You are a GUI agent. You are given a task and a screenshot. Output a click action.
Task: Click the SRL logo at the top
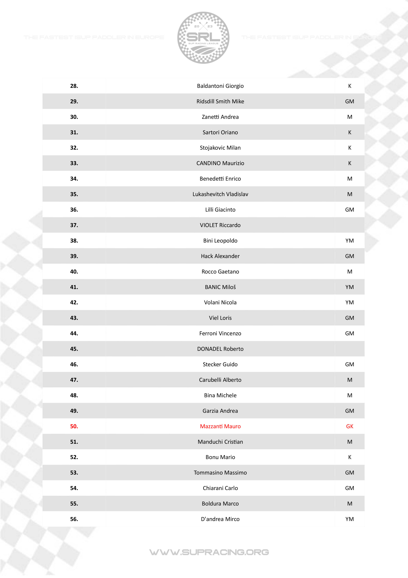(x=203, y=38)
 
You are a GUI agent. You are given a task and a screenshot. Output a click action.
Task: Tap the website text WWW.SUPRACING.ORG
(x=209, y=552)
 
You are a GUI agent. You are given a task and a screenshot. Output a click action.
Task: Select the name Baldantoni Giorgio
(x=220, y=86)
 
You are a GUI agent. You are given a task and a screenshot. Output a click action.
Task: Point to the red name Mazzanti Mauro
(x=220, y=426)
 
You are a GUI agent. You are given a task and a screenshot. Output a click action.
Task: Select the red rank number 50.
(x=74, y=426)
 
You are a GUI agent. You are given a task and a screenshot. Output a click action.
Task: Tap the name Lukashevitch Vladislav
(x=220, y=194)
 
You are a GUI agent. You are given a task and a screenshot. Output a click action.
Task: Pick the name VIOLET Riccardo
(x=220, y=225)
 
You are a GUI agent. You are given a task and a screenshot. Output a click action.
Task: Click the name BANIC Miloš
(x=220, y=287)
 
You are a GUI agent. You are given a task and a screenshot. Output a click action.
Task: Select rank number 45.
(x=74, y=349)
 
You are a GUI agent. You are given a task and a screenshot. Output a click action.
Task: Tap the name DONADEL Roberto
(x=220, y=349)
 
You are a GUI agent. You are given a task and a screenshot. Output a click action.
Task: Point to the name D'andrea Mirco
(x=220, y=519)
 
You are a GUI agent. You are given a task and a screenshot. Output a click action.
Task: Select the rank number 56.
(x=74, y=519)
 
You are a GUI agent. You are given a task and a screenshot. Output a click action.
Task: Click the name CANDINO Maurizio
(x=220, y=163)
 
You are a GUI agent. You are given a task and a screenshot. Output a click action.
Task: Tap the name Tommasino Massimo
(x=220, y=473)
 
